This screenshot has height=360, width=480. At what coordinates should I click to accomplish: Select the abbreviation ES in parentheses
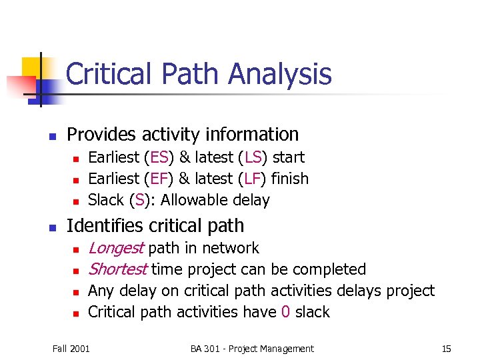tap(159, 157)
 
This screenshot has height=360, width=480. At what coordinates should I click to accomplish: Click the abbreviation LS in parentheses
tap(253, 157)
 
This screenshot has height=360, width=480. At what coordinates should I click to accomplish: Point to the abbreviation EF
tap(159, 179)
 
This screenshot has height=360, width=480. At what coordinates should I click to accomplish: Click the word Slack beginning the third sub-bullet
tap(107, 200)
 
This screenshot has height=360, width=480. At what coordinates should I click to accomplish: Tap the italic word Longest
tap(115, 248)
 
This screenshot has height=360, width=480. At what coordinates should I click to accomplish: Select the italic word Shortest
tap(117, 269)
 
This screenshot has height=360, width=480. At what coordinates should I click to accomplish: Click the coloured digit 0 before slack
tap(285, 312)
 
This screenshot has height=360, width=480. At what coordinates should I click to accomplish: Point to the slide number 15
tap(446, 349)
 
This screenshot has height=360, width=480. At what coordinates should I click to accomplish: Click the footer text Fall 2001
tap(71, 349)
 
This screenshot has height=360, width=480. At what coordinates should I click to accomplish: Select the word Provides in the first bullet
tap(98, 134)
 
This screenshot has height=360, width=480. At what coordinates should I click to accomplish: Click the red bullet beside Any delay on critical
tap(76, 292)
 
